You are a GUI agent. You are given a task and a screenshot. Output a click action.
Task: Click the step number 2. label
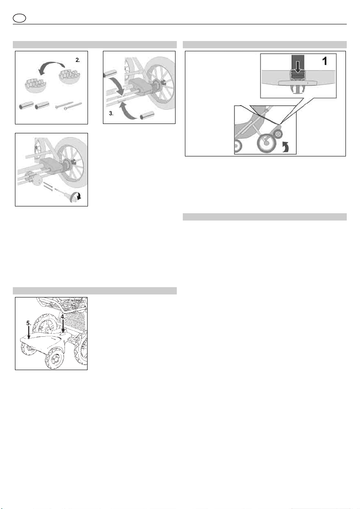[x=78, y=60]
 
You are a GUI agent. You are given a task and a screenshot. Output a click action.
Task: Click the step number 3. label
[x=111, y=113]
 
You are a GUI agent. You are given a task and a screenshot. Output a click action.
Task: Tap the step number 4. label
[x=63, y=316]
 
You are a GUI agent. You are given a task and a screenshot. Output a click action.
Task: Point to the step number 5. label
[x=29, y=324]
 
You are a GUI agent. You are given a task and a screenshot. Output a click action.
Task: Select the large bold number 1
[x=324, y=61]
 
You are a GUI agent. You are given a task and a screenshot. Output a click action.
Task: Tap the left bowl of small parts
[x=35, y=85]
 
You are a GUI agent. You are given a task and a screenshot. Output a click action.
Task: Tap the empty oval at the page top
[x=20, y=18]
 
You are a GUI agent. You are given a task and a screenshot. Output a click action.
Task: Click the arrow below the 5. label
[x=29, y=333]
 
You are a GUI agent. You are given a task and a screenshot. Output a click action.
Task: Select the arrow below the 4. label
[x=63, y=326]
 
